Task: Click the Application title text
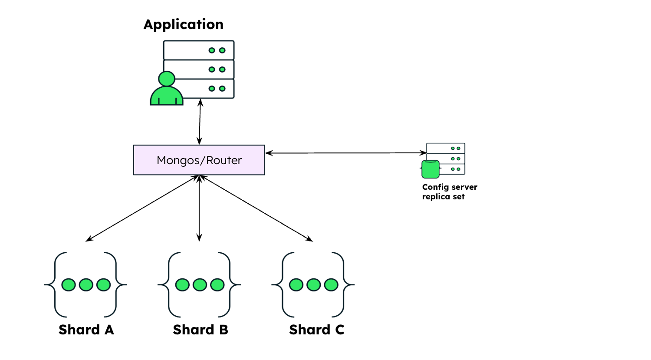(x=183, y=24)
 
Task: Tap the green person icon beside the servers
(x=167, y=90)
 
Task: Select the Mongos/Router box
(x=199, y=160)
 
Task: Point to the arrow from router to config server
(x=345, y=153)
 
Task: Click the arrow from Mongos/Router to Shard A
(x=143, y=208)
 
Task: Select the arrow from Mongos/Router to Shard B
(x=199, y=208)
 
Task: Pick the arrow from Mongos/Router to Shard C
(x=256, y=208)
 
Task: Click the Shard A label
(x=86, y=330)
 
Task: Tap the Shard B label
(x=200, y=330)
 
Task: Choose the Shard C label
(x=316, y=330)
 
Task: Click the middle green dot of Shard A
(x=86, y=285)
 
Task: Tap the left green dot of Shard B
(x=182, y=285)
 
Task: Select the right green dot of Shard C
(x=331, y=285)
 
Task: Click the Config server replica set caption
(x=449, y=192)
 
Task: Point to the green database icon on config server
(x=431, y=169)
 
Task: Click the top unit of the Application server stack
(x=199, y=50)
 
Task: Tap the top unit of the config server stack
(x=446, y=148)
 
